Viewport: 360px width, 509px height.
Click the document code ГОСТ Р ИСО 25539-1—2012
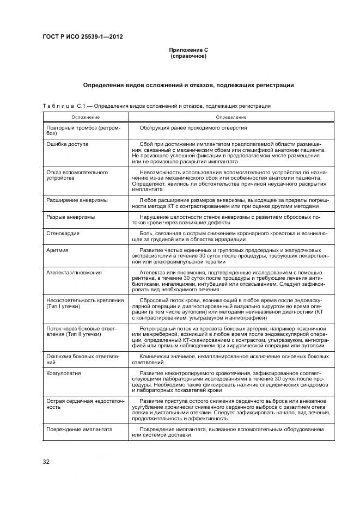click(x=83, y=36)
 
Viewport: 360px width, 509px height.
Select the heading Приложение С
click(x=188, y=50)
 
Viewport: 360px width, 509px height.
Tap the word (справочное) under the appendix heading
click(x=188, y=56)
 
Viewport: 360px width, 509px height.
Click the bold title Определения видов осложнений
click(x=188, y=85)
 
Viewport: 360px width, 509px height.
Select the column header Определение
click(x=230, y=117)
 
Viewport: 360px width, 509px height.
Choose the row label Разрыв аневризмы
click(x=71, y=217)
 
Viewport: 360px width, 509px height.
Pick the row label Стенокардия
click(x=63, y=233)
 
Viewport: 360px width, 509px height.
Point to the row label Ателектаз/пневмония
click(x=74, y=272)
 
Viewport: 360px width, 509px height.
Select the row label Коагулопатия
click(x=64, y=373)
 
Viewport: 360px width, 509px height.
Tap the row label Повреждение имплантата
click(x=80, y=429)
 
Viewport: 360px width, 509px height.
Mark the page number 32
click(x=46, y=462)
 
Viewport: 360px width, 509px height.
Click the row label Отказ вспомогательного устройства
click(x=77, y=175)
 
